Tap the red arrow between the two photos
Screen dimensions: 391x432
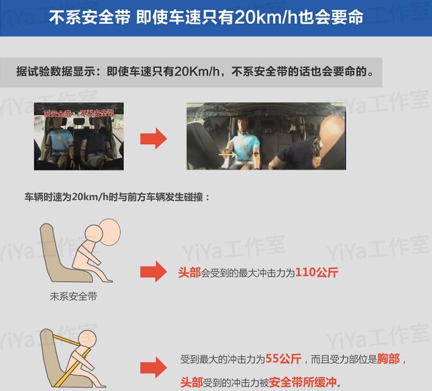[x=153, y=138]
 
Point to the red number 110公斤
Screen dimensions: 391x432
[x=316, y=272]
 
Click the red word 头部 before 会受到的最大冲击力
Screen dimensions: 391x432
[x=190, y=273]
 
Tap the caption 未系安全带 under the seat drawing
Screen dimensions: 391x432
[x=73, y=298]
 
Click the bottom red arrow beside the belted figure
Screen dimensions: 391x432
[x=153, y=368]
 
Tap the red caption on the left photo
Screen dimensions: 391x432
[x=79, y=113]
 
